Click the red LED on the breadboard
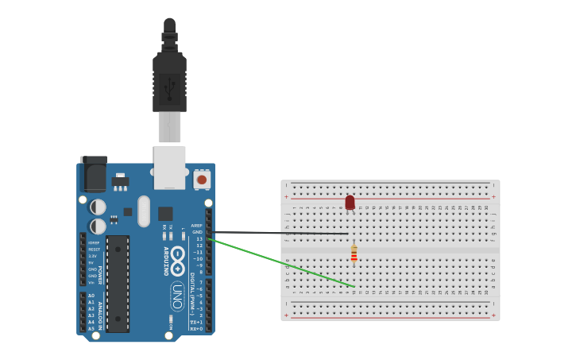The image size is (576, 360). tap(350, 203)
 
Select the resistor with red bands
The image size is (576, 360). tap(354, 254)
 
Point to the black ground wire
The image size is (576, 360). tap(278, 233)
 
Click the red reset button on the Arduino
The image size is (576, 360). tap(202, 180)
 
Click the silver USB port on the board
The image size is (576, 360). tap(169, 166)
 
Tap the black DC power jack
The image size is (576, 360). tap(93, 174)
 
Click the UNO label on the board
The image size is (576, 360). tap(177, 296)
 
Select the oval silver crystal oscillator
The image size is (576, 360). tap(144, 211)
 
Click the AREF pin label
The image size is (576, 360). tap(197, 226)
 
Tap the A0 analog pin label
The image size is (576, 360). tap(91, 296)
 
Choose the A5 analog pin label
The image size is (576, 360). tap(91, 328)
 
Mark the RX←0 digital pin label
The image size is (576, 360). tap(196, 328)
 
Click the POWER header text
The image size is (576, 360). tap(100, 263)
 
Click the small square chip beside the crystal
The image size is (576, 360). tap(165, 213)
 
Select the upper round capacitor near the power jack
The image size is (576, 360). tap(98, 207)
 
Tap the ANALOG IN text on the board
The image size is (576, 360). tap(100, 312)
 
